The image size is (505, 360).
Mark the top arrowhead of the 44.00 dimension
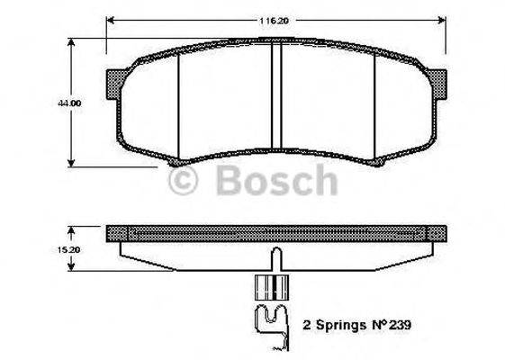pyautogui.click(x=73, y=41)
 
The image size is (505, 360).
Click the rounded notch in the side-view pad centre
pyautogui.click(x=276, y=255)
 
